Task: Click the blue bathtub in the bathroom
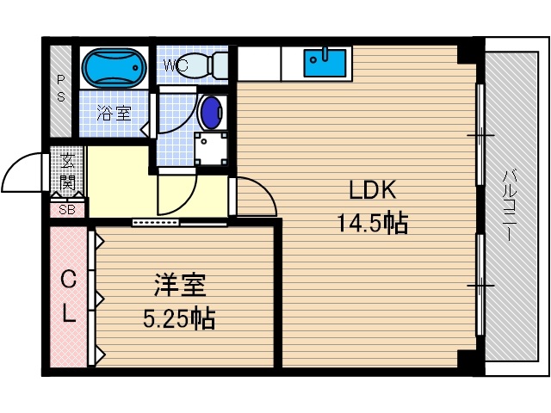114,67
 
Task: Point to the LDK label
371,191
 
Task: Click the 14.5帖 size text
371,224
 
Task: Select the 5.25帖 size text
179,319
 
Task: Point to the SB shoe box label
66,209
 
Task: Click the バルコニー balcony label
509,206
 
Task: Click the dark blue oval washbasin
210,112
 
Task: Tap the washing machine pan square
211,151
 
